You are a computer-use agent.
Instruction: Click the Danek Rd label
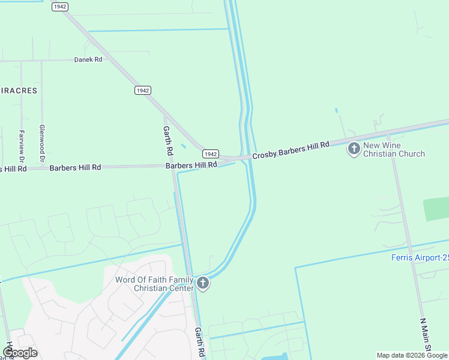(88, 60)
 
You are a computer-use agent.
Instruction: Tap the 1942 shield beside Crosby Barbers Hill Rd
(210, 154)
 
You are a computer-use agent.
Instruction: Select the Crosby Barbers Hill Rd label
(291, 151)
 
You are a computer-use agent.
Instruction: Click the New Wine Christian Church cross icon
(354, 149)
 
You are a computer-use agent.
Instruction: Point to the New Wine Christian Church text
(394, 150)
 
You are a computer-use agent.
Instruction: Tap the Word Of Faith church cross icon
(203, 283)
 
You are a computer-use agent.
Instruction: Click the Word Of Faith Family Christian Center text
(154, 284)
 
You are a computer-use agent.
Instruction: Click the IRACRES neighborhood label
(19, 91)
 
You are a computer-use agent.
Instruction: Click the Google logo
(20, 352)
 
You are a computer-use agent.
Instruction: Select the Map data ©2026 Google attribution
(412, 355)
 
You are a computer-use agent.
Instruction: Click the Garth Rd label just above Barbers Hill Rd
(168, 139)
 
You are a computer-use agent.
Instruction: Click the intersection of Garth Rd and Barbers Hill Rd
(173, 167)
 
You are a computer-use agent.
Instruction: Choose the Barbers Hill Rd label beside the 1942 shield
(191, 164)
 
